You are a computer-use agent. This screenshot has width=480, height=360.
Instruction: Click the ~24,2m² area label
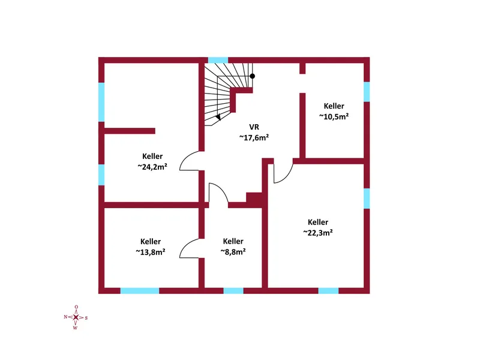pyautogui.click(x=152, y=167)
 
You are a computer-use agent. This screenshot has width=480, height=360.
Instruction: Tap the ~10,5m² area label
pyautogui.click(x=334, y=116)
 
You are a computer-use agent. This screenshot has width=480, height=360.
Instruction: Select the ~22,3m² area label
pyautogui.click(x=318, y=233)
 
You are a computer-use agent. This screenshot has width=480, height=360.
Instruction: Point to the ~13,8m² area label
pyautogui.click(x=151, y=252)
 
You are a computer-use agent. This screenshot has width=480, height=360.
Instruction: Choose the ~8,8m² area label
pyautogui.click(x=233, y=251)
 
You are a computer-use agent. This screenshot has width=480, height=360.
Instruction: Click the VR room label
pyautogui.click(x=254, y=127)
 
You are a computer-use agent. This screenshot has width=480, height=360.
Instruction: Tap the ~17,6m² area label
pyautogui.click(x=254, y=138)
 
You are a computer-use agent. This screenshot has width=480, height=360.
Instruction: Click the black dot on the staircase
pyautogui.click(x=252, y=76)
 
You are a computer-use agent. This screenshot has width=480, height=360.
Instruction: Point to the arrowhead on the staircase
pyautogui.click(x=218, y=117)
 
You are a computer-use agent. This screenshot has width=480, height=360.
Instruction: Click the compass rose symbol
pyautogui.click(x=76, y=317)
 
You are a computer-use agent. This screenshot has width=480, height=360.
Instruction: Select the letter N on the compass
pyautogui.click(x=65, y=317)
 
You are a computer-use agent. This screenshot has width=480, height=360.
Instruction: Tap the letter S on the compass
pyautogui.click(x=86, y=318)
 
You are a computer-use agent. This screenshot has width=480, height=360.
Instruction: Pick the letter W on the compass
pyautogui.click(x=76, y=328)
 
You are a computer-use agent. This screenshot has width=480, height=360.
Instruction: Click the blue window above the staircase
pyautogui.click(x=218, y=60)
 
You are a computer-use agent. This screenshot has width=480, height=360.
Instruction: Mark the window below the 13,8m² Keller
pyautogui.click(x=140, y=291)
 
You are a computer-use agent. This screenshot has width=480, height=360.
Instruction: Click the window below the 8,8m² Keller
pyautogui.click(x=233, y=291)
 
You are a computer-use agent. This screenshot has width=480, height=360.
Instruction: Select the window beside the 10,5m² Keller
pyautogui.click(x=367, y=92)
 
